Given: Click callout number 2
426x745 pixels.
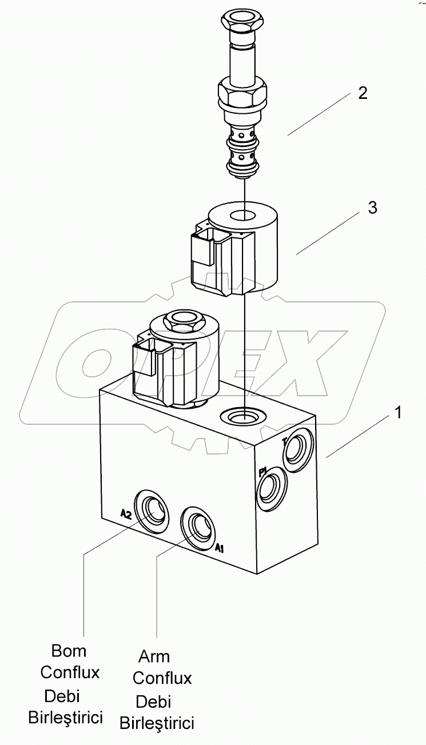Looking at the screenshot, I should (x=363, y=93).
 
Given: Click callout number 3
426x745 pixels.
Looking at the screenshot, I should (x=372, y=208).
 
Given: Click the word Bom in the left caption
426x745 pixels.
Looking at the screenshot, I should (x=69, y=651).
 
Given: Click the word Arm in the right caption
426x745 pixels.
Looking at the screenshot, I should (x=154, y=656).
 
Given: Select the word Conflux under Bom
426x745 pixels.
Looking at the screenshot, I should (x=70, y=672).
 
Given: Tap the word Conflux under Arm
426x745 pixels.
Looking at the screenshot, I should (x=162, y=679).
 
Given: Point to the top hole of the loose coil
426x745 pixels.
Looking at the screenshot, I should (x=242, y=216).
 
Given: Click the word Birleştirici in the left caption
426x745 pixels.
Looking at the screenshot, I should (x=66, y=717).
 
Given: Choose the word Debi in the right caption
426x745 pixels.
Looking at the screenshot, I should (x=153, y=701).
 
